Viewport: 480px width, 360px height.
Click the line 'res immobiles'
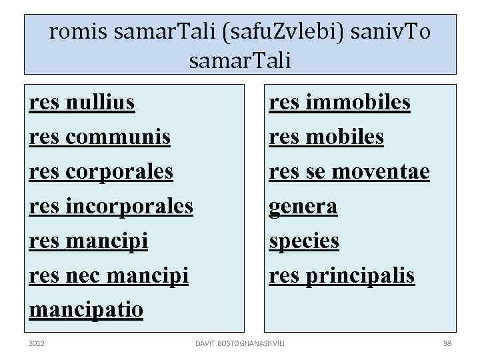click(339, 103)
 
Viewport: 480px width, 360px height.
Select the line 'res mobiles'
click(326, 137)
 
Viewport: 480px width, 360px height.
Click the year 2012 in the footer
click(37, 343)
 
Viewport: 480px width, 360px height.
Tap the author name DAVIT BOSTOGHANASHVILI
click(240, 343)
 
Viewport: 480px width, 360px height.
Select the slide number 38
click(447, 343)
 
